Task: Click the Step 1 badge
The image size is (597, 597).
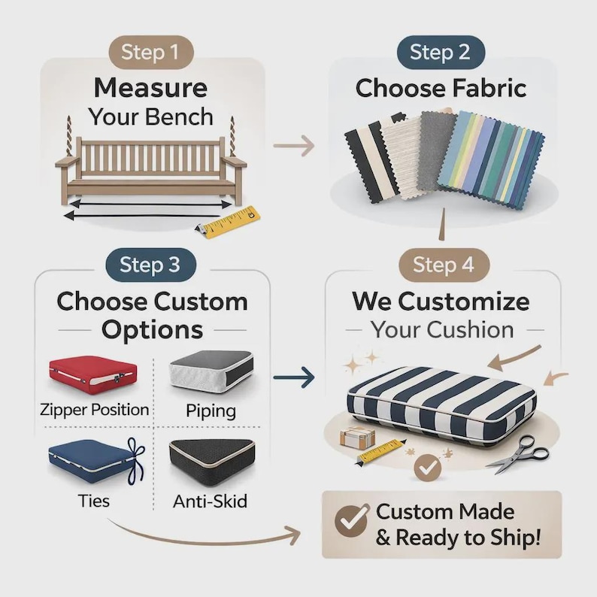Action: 151,52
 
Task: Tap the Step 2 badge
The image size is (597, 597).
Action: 441,52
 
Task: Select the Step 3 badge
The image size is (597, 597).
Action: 151,265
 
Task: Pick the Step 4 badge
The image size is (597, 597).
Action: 444,265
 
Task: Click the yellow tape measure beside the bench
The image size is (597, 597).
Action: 229,223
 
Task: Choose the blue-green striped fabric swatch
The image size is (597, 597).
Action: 491,160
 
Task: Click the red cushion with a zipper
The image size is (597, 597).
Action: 92,374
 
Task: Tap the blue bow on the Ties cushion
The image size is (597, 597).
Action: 136,461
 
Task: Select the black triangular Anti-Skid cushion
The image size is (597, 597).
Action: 212,462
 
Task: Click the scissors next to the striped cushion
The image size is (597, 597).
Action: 520,455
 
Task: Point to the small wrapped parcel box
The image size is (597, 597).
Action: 357,436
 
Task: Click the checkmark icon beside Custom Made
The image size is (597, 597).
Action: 352,520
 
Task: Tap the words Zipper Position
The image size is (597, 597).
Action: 95,410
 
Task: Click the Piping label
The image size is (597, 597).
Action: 211,411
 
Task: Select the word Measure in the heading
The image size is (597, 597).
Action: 151,88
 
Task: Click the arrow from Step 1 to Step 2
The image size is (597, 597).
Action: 294,145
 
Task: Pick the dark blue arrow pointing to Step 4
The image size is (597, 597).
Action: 294,377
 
